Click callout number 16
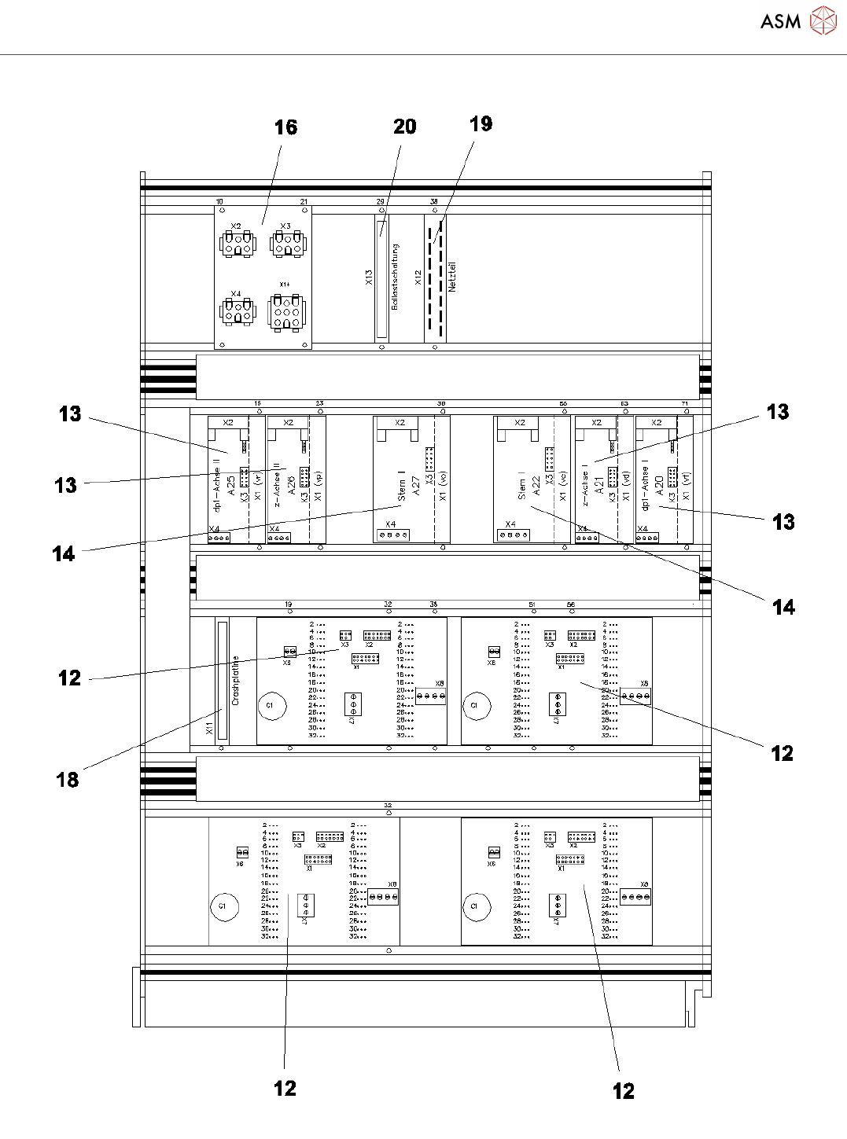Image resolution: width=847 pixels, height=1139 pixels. [285, 127]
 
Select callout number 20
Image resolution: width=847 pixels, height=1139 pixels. [404, 127]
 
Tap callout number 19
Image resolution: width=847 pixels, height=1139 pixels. [481, 123]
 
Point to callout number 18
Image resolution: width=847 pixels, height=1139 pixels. [68, 780]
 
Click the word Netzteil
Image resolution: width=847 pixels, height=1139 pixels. [452, 277]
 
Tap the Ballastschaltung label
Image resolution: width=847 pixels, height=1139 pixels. [395, 276]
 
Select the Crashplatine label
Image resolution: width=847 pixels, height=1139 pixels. [235, 680]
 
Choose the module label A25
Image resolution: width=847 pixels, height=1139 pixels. [230, 485]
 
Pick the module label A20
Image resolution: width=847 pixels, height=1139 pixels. [659, 485]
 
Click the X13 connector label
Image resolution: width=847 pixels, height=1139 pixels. [369, 277]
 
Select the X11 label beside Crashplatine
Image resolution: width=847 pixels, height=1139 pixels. [209, 729]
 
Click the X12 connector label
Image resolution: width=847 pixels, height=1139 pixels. [418, 277]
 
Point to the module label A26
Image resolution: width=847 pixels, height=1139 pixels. [291, 485]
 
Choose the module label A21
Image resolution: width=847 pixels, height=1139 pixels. [598, 485]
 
